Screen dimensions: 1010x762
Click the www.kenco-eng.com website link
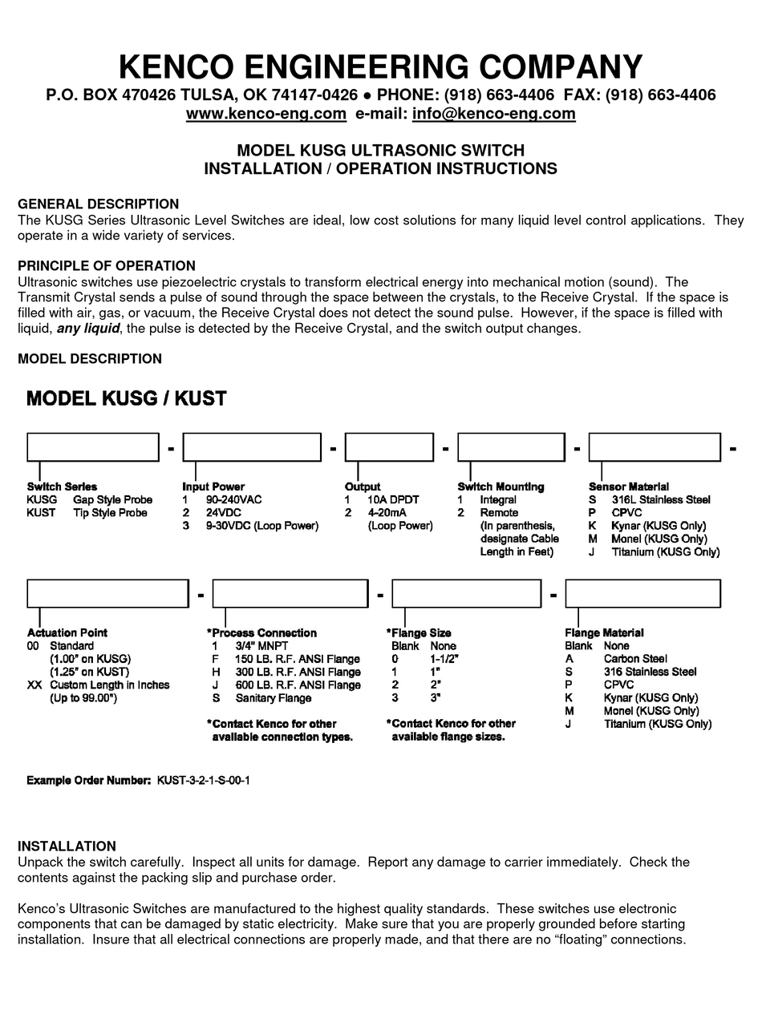click(x=265, y=114)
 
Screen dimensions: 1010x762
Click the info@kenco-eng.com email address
click(x=493, y=114)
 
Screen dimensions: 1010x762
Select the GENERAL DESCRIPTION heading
click(x=98, y=204)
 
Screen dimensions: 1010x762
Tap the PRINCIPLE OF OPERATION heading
click(x=106, y=265)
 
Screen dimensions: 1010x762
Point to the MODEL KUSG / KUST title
click(x=127, y=398)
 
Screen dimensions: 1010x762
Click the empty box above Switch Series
click(x=92, y=447)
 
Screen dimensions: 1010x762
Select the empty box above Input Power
click(x=252, y=447)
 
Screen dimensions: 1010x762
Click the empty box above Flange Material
click(x=642, y=594)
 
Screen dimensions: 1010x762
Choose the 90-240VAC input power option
click(x=233, y=499)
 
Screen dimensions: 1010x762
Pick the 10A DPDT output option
click(x=393, y=499)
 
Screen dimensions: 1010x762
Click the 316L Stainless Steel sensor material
click(x=660, y=499)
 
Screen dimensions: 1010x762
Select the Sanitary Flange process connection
click(x=273, y=698)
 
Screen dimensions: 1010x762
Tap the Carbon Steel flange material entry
click(x=635, y=659)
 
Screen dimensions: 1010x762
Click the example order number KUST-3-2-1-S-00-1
click(x=209, y=780)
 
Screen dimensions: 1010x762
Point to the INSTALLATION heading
click(x=67, y=846)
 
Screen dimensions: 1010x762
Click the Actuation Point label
click(x=67, y=632)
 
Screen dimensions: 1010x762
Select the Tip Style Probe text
click(x=110, y=512)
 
